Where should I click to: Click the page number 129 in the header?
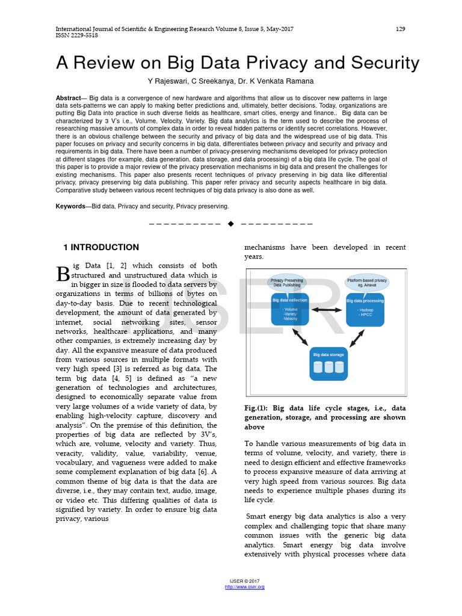pyautogui.click(x=400, y=29)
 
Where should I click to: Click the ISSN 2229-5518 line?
pyautogui.click(x=77, y=35)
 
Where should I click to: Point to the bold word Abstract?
pyautogui.click(x=68, y=98)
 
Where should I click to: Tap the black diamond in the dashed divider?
pyautogui.click(x=230, y=224)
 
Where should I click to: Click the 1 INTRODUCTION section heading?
pyautogui.click(x=101, y=247)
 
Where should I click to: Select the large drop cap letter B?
pyautogui.click(x=63, y=274)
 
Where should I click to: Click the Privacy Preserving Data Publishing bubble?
pyautogui.click(x=286, y=283)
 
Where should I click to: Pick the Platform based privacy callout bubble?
pyautogui.click(x=366, y=283)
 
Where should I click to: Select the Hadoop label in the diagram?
pyautogui.click(x=365, y=310)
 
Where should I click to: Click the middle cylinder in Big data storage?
pyautogui.click(x=328, y=367)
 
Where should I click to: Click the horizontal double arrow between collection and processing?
pyautogui.click(x=327, y=310)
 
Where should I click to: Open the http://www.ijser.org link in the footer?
pyautogui.click(x=244, y=587)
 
